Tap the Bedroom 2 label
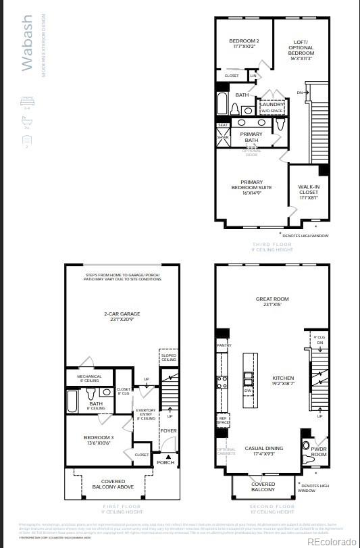click(x=244, y=44)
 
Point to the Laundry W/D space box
click(x=273, y=107)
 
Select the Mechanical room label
click(x=89, y=378)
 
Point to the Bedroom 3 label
click(x=99, y=440)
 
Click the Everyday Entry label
click(x=146, y=414)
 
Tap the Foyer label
click(x=168, y=430)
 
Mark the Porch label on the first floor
click(x=165, y=462)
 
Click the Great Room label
click(x=272, y=301)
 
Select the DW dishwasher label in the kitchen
click(x=248, y=391)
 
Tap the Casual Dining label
click(x=264, y=451)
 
